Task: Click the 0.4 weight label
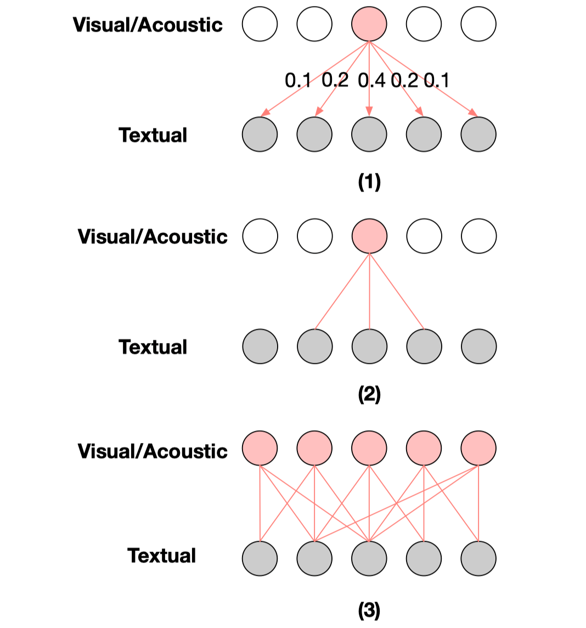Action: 371,81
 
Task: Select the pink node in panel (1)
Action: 369,24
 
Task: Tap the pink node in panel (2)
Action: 369,236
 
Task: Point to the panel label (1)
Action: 369,182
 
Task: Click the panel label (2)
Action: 369,394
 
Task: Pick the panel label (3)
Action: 369,610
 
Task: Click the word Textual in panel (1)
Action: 153,135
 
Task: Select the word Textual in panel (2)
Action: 153,347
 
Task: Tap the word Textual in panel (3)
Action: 162,556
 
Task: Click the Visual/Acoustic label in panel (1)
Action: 148,25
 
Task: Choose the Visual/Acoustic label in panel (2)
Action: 153,237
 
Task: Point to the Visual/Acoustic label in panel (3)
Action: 153,451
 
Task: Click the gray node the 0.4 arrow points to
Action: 369,134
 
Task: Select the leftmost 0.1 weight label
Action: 298,81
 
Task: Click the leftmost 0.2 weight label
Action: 335,80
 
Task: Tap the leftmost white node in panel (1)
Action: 260,24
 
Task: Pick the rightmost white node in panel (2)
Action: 479,236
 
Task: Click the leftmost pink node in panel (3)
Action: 260,448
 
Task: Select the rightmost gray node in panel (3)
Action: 479,559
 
